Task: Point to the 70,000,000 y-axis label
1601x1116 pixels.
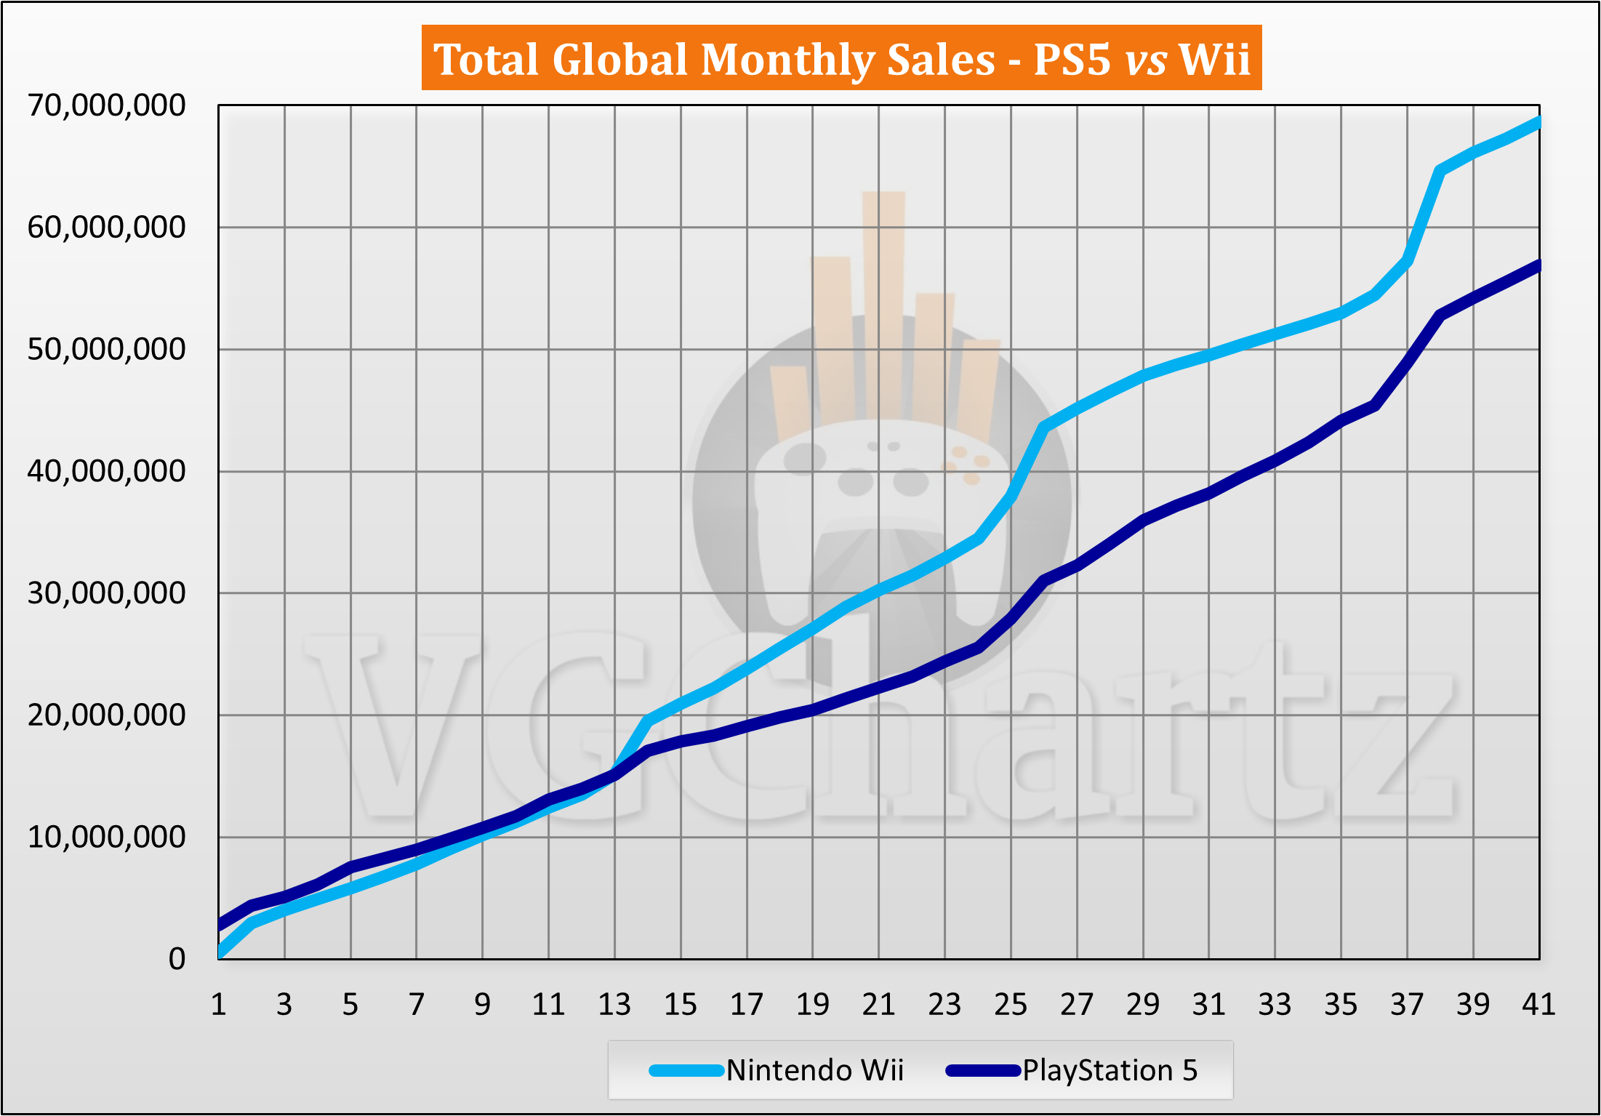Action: click(x=106, y=106)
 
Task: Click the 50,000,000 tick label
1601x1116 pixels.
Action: click(x=106, y=350)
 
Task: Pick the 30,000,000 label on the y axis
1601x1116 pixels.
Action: click(x=106, y=593)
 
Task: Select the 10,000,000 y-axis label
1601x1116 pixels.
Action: click(x=106, y=838)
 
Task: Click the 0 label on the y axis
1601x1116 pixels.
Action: click(x=177, y=960)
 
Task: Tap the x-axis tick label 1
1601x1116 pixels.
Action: click(x=218, y=1005)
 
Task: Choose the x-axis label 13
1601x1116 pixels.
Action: click(x=614, y=1005)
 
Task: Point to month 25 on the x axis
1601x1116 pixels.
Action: click(x=1011, y=1005)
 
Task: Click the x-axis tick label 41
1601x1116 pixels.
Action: click(x=1538, y=1005)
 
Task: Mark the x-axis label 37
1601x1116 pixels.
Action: click(x=1407, y=1005)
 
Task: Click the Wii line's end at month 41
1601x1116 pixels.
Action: click(x=1538, y=122)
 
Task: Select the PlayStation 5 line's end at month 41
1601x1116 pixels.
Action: click(x=1538, y=265)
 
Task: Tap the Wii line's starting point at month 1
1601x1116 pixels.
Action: click(x=220, y=952)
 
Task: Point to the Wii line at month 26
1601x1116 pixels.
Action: click(x=1044, y=427)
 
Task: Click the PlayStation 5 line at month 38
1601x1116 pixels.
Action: click(x=1440, y=315)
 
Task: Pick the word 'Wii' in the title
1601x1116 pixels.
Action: click(x=1213, y=59)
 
